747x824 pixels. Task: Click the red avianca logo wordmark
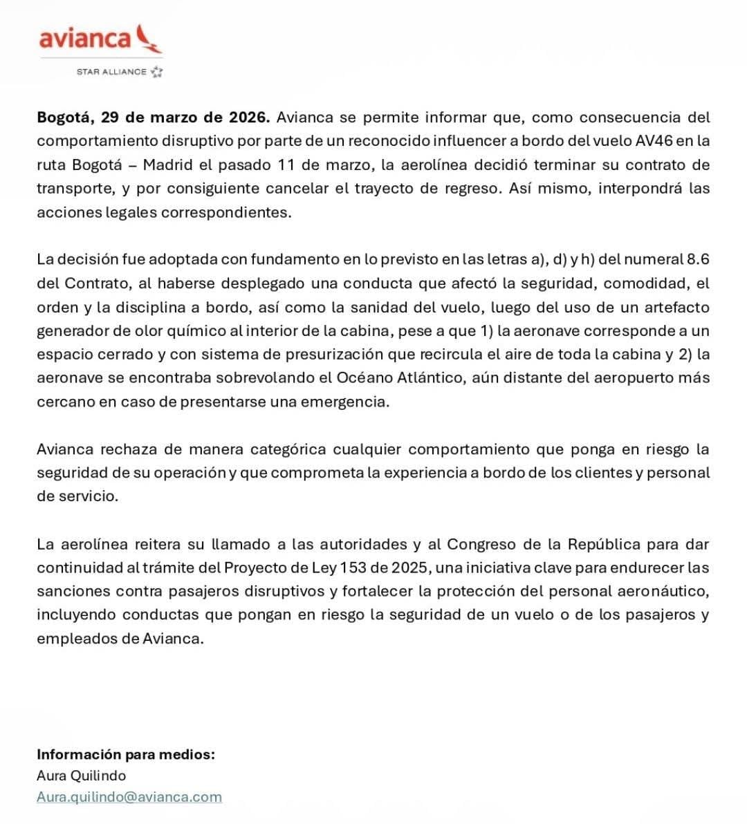pyautogui.click(x=84, y=38)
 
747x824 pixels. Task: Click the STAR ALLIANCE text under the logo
pyautogui.click(x=111, y=72)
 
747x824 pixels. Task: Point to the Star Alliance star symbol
pyautogui.click(x=157, y=71)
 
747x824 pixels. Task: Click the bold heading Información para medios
pyautogui.click(x=125, y=754)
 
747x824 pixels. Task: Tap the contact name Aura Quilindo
pyautogui.click(x=81, y=776)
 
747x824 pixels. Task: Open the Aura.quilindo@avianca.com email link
pyautogui.click(x=129, y=796)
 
